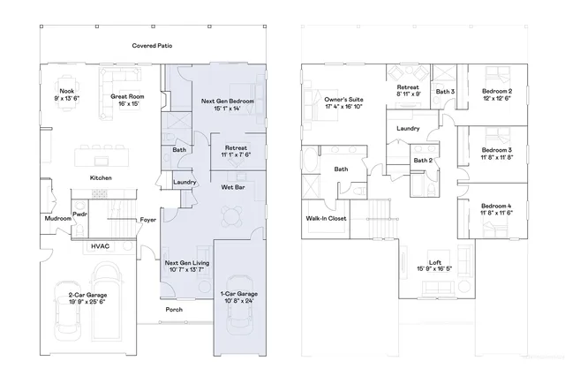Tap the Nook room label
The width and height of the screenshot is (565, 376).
(x=66, y=91)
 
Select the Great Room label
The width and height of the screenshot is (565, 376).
(x=126, y=97)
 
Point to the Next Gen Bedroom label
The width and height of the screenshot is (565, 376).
(x=228, y=102)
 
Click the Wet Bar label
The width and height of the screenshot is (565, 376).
(x=233, y=187)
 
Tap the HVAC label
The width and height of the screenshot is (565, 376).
(x=99, y=246)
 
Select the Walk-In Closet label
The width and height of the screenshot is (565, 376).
(x=325, y=217)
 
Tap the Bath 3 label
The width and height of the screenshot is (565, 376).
(x=445, y=91)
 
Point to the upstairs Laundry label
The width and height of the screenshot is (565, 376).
(x=408, y=128)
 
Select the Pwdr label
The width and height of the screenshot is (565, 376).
(x=79, y=214)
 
